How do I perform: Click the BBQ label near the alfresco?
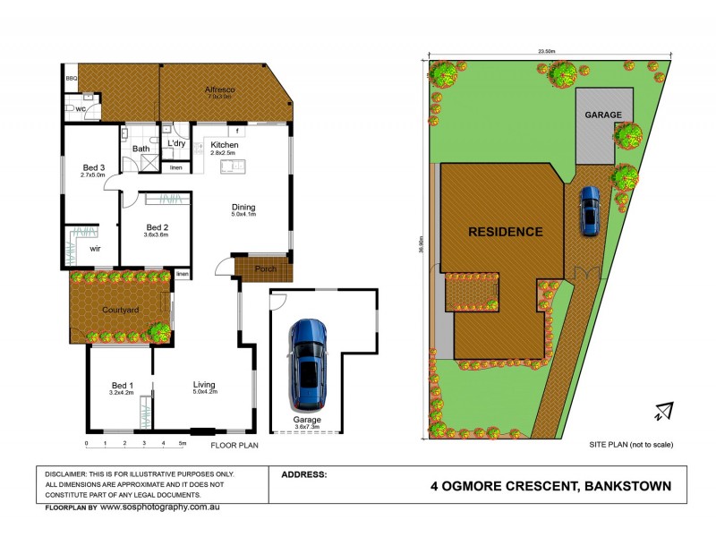[x=72, y=79]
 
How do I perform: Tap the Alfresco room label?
[x=219, y=90]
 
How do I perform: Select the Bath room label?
[x=141, y=149]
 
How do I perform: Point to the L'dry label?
[x=175, y=143]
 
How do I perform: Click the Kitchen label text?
[x=224, y=145]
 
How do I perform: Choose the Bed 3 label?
[x=94, y=167]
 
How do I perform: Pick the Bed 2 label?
[x=158, y=227]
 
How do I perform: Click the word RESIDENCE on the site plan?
[x=506, y=232]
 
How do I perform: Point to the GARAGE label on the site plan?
[x=602, y=115]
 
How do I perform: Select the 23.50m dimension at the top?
[x=546, y=52]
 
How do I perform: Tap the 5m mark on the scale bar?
[x=183, y=443]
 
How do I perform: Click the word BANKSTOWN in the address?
[x=626, y=486]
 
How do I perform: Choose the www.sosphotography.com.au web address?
[x=159, y=507]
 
